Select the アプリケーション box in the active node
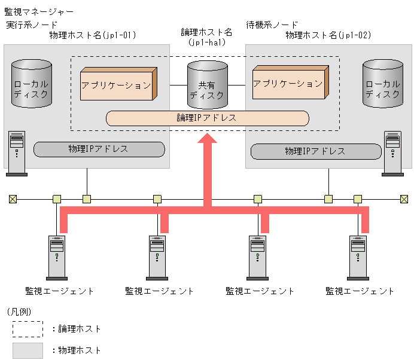[x=117, y=85]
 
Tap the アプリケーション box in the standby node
[x=289, y=84]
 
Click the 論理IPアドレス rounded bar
[x=207, y=118]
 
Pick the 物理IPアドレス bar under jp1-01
[x=99, y=149]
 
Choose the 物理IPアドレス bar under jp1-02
[x=315, y=151]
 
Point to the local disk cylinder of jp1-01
[x=32, y=84]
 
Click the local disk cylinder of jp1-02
[x=382, y=84]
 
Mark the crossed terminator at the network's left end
[x=13, y=199]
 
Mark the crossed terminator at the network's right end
[x=404, y=199]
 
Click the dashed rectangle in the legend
[x=28, y=329]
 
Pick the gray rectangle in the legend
[x=28, y=350]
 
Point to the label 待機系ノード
[x=272, y=25]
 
